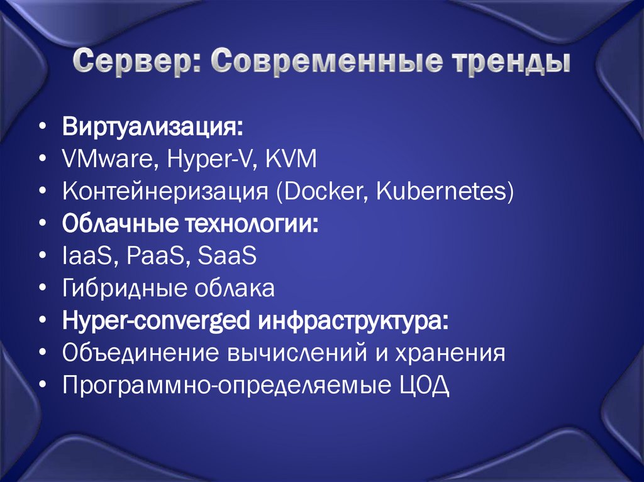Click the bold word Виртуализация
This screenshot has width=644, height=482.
tap(152, 128)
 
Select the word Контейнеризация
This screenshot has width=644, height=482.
tap(165, 192)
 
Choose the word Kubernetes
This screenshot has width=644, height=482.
tap(443, 192)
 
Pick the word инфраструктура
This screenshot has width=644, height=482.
tap(352, 322)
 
